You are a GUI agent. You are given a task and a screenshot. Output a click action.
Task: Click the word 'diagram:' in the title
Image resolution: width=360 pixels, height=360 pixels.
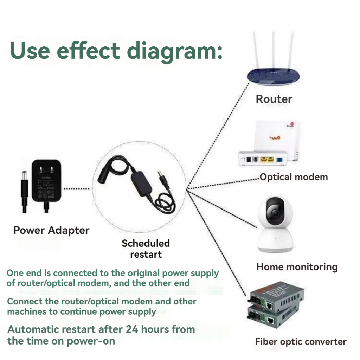click(x=174, y=50)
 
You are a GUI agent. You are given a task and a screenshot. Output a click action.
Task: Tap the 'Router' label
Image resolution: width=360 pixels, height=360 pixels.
click(x=274, y=99)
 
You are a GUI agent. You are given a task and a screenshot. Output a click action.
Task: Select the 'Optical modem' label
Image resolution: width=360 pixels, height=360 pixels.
click(x=294, y=177)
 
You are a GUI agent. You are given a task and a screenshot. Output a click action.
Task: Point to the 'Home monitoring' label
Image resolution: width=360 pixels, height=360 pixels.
click(x=297, y=267)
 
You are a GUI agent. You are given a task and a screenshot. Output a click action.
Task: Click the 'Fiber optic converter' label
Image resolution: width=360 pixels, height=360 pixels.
click(x=301, y=341)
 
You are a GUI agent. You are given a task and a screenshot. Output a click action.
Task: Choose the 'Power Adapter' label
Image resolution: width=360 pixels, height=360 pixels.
click(x=51, y=230)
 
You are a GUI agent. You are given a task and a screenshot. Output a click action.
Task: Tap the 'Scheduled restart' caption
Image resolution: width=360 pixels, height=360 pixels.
click(x=146, y=249)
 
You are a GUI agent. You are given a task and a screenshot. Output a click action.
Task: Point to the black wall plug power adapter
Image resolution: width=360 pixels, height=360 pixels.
click(x=46, y=181)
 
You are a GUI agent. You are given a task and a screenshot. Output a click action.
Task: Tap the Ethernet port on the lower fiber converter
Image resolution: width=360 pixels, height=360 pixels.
click(x=271, y=321)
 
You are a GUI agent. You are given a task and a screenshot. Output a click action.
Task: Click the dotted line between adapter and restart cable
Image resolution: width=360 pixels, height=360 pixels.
click(x=77, y=189)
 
